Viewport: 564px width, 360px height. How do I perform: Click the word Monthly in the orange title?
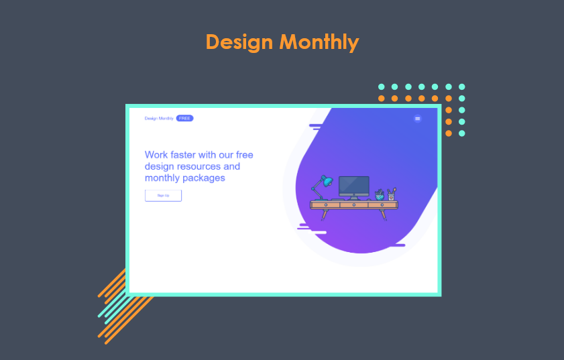tap(319, 42)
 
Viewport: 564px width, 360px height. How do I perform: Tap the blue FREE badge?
tap(184, 119)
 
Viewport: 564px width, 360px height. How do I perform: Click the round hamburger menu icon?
tap(418, 119)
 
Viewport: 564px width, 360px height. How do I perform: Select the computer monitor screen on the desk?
tap(353, 186)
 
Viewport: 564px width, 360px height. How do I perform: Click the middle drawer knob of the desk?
tap(353, 204)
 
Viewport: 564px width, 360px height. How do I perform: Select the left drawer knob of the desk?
tap(326, 204)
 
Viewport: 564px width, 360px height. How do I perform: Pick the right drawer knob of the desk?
tap(382, 204)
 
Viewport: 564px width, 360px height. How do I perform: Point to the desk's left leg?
tap(325, 214)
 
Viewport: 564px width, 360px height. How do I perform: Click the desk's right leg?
tap(384, 214)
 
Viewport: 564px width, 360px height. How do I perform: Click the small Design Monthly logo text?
tap(159, 119)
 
